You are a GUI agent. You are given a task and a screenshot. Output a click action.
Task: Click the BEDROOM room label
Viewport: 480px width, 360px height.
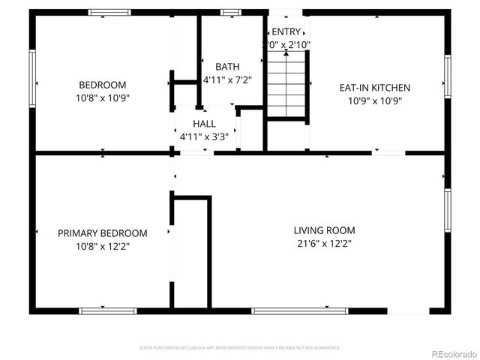(103, 85)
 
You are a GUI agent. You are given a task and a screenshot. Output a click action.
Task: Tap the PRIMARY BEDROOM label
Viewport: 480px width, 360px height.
(103, 233)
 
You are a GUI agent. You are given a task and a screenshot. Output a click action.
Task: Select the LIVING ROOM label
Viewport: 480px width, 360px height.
(324, 230)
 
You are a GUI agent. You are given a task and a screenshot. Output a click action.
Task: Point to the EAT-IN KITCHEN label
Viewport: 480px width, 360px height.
(375, 88)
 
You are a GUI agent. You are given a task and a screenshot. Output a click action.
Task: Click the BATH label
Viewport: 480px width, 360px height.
(227, 67)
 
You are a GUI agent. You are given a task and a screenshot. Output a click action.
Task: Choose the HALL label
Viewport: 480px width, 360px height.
(203, 124)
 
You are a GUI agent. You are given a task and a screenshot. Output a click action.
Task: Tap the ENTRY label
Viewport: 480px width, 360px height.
(286, 31)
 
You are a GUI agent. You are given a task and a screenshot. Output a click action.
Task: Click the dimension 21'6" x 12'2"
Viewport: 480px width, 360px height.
(324, 244)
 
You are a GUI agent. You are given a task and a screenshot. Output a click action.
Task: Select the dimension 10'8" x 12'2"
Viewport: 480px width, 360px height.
(103, 246)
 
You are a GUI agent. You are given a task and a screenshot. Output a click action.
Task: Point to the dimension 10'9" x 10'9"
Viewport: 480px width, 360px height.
(375, 100)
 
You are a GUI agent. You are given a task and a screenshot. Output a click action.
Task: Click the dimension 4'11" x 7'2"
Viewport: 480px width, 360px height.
(227, 79)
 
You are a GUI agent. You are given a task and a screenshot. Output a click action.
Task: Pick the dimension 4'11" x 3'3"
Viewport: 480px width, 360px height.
(203, 136)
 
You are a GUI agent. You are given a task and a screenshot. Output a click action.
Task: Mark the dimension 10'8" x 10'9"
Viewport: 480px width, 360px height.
(103, 97)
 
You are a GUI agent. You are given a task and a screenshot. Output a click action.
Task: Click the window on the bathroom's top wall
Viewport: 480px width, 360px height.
(231, 12)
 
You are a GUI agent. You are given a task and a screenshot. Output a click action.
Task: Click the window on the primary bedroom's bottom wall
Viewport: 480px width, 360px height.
(108, 310)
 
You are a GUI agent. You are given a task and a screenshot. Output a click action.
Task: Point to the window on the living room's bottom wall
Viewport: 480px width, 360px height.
(300, 310)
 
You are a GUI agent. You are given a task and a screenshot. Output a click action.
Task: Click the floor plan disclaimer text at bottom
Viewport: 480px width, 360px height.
(240, 348)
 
